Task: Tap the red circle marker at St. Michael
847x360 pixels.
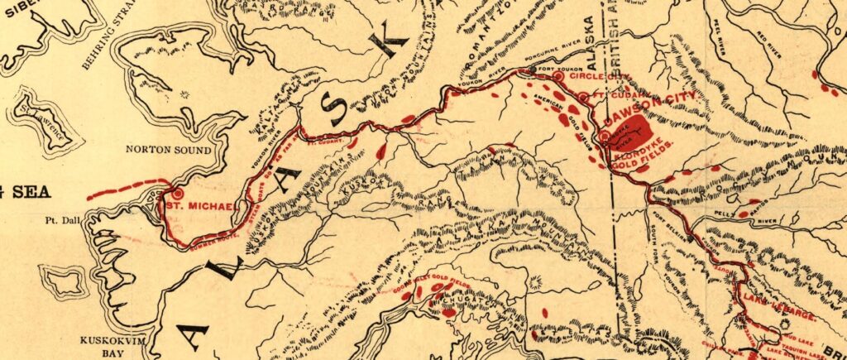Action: pyautogui.click(x=176, y=194)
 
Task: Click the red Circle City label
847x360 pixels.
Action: pyautogui.click(x=595, y=76)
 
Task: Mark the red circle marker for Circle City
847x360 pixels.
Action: pyautogui.click(x=558, y=76)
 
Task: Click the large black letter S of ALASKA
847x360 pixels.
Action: pyautogui.click(x=336, y=105)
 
